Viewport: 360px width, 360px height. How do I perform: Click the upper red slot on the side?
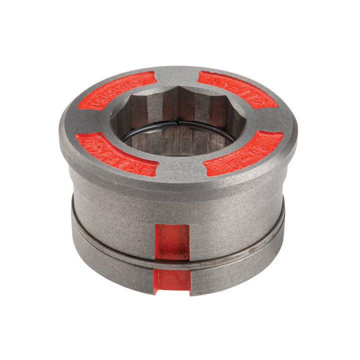(171, 241)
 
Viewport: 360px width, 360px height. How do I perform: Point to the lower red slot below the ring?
(171, 281)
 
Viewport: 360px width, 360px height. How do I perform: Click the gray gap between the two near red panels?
(180, 167)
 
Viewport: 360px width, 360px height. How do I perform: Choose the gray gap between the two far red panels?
(177, 75)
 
